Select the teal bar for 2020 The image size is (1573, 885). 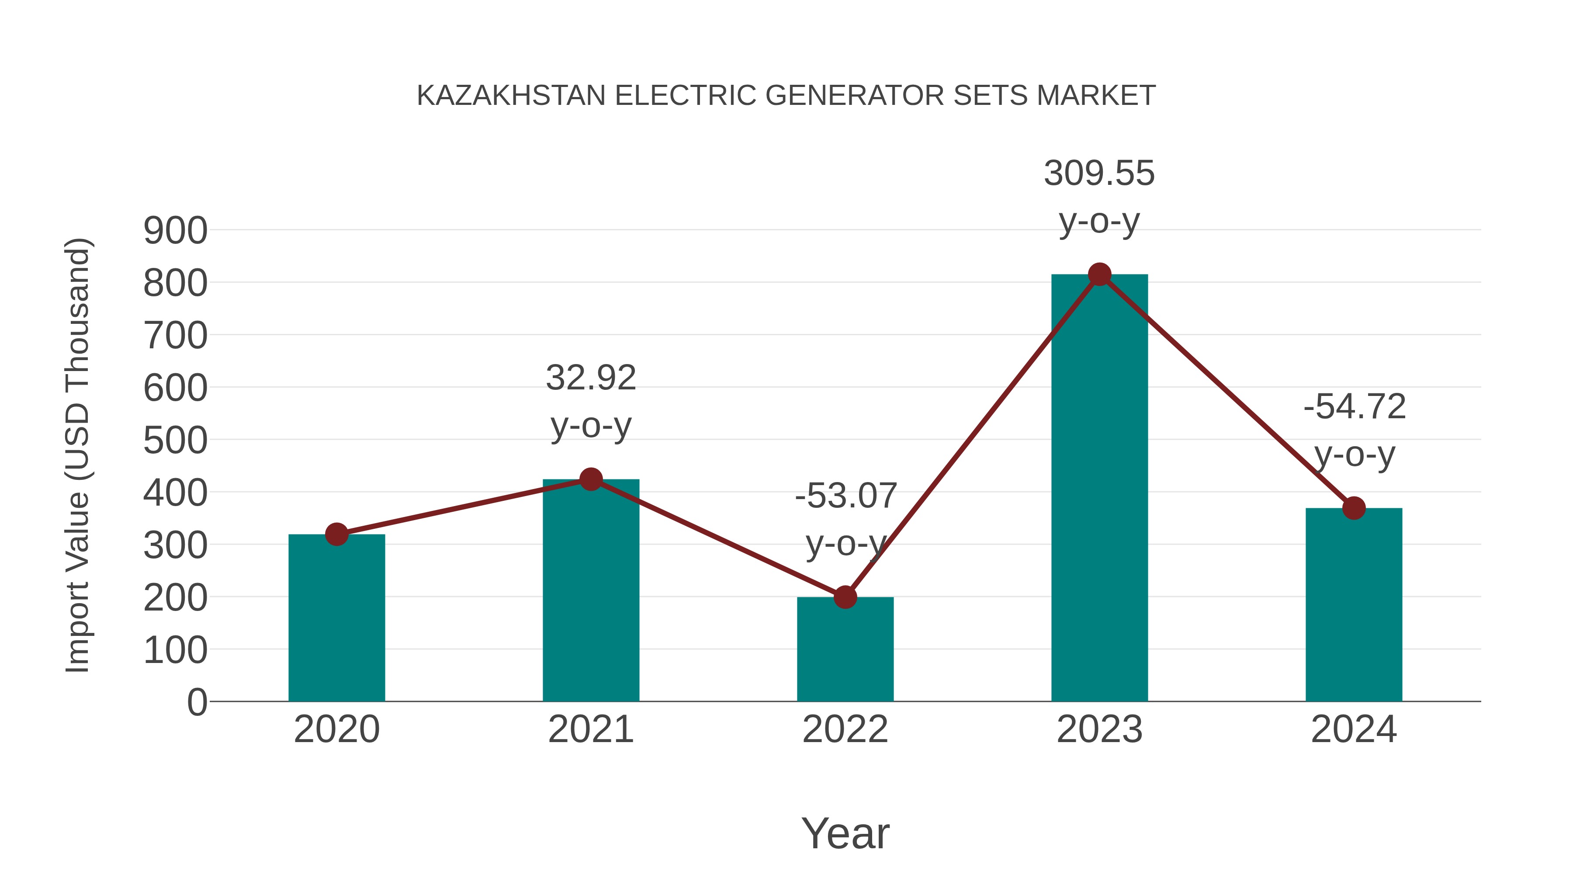point(336,617)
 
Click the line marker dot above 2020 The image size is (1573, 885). point(336,534)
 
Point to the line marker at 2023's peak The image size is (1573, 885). point(1099,275)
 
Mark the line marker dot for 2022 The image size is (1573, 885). point(845,597)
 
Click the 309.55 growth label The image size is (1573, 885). point(1099,174)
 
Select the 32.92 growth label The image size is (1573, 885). point(590,378)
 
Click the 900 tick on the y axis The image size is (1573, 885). point(175,231)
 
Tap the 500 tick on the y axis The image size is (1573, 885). point(175,441)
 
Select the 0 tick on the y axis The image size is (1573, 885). point(197,702)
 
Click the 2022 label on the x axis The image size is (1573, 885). point(845,729)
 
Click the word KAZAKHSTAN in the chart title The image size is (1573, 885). point(511,96)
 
